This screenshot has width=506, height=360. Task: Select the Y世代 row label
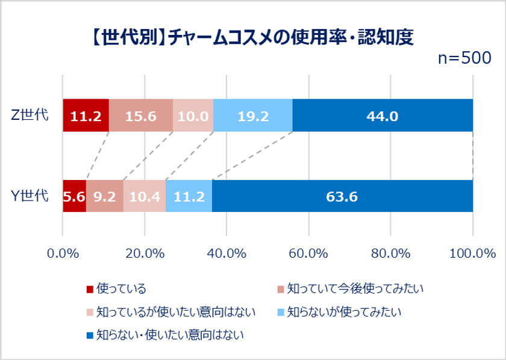click(30, 196)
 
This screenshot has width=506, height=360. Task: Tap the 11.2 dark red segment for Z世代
click(86, 116)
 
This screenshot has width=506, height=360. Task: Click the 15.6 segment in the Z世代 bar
click(140, 116)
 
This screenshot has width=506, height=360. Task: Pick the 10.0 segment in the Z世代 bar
click(193, 116)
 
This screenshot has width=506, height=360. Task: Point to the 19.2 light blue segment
click(253, 116)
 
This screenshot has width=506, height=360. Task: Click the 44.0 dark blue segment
click(383, 116)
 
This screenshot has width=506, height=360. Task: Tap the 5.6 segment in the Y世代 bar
click(74, 196)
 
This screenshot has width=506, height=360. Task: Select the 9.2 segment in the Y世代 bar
click(105, 196)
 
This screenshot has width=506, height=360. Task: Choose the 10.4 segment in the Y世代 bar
click(145, 196)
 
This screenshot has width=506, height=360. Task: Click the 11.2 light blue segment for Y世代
click(189, 196)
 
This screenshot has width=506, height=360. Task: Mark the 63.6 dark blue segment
click(342, 196)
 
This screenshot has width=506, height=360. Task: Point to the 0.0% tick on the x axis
click(63, 253)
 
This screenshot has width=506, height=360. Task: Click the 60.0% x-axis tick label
click(308, 253)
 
